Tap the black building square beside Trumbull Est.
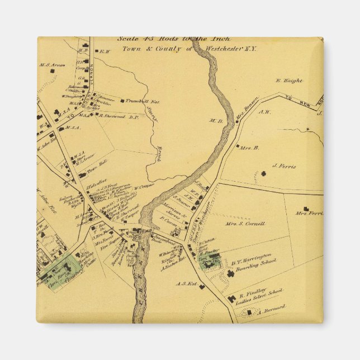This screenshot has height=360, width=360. click(123, 101)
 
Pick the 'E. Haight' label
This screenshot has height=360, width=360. click(289, 80)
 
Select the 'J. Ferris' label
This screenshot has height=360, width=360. click(283, 166)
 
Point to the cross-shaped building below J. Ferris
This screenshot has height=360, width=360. click(263, 174)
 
